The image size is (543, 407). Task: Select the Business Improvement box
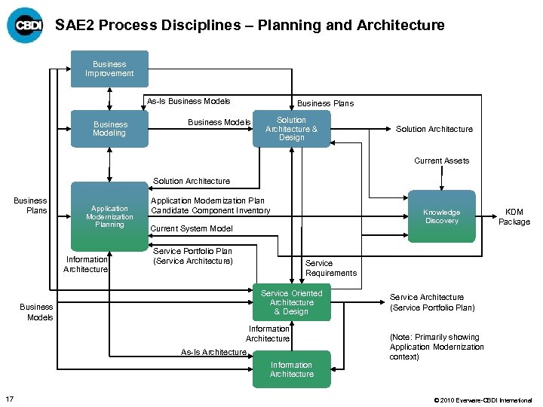(109, 69)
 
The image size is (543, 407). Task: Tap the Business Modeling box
(110, 129)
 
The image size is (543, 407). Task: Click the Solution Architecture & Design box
(291, 129)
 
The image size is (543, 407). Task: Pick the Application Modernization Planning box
(109, 216)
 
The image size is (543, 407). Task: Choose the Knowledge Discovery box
(441, 216)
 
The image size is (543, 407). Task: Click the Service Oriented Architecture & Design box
(291, 302)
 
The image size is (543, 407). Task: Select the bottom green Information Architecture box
(291, 369)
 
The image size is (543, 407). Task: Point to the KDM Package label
(517, 217)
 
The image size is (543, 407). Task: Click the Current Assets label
(441, 161)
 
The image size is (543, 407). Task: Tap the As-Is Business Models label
(189, 101)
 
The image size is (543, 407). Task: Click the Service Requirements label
(330, 268)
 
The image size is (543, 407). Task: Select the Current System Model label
(192, 228)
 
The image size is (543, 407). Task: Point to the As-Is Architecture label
(213, 352)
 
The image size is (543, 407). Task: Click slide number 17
(9, 399)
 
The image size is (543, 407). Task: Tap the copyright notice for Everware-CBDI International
(483, 399)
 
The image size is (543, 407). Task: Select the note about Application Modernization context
(437, 347)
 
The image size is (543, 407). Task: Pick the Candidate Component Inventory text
(210, 210)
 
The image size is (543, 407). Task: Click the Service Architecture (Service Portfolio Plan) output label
(432, 302)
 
